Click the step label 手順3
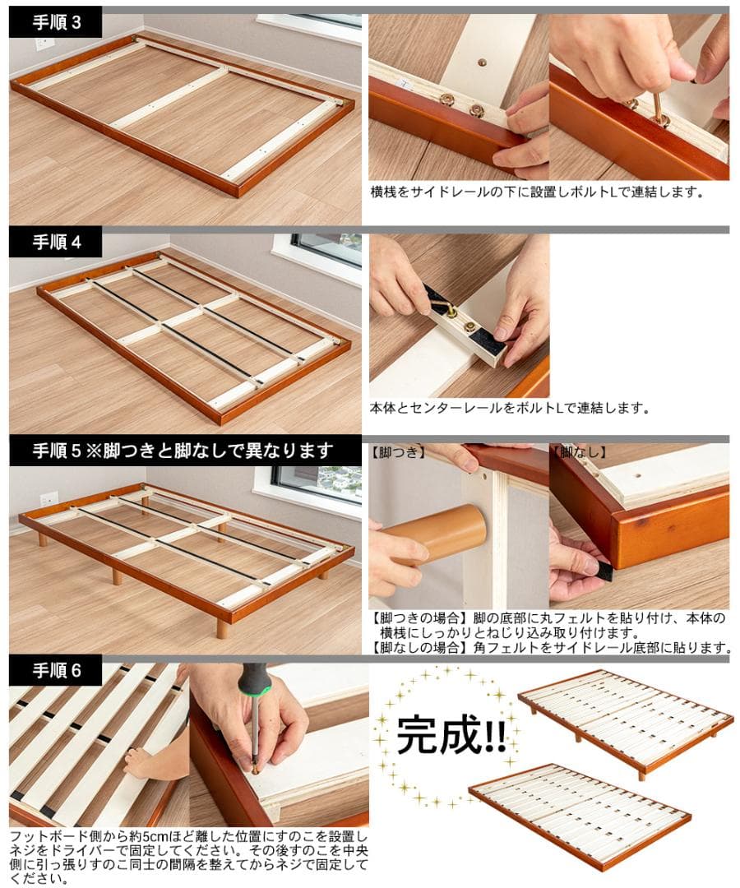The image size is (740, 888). [56, 22]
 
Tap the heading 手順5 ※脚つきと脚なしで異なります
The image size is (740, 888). [183, 451]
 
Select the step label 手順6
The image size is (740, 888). [56, 670]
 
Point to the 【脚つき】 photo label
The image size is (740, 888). [398, 452]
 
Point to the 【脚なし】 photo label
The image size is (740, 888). [580, 452]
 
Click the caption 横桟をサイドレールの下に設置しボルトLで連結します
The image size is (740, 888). [538, 192]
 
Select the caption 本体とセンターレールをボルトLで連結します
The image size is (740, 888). [510, 408]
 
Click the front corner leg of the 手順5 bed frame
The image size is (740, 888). [222, 628]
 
